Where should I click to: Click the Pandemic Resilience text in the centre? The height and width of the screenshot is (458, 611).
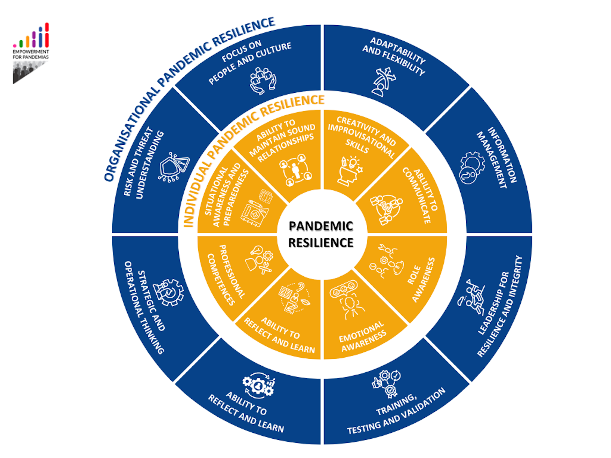(x=321, y=234)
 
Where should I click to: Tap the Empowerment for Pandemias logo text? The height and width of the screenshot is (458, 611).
(x=31, y=54)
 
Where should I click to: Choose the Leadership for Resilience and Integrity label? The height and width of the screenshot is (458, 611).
(x=500, y=306)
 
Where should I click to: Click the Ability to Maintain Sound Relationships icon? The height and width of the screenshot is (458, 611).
(x=296, y=170)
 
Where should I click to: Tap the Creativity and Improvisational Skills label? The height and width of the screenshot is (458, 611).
(x=362, y=137)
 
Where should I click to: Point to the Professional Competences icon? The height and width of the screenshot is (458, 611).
(x=259, y=260)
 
